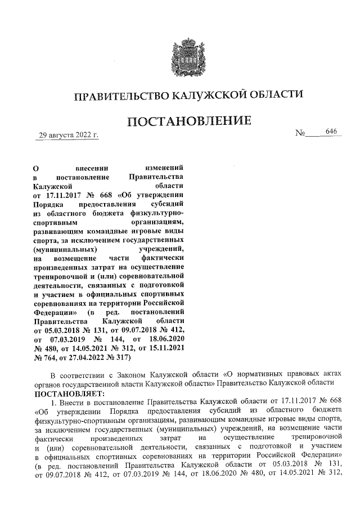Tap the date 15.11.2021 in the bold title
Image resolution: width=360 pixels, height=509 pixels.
(x=164, y=348)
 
